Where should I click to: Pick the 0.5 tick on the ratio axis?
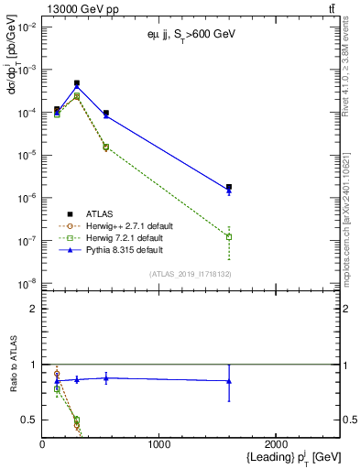(x=29, y=420)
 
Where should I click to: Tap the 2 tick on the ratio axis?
(x=33, y=309)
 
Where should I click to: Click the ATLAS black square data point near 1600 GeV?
(x=229, y=187)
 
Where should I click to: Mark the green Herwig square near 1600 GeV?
(x=229, y=236)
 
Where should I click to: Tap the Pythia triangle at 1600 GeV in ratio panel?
(x=229, y=381)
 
